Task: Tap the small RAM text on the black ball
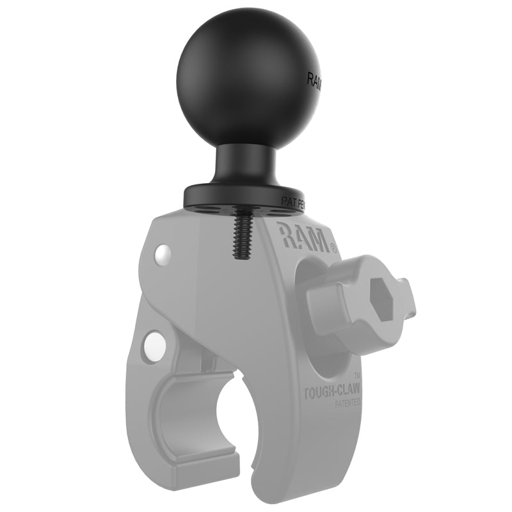point(316,82)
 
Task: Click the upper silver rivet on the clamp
point(163,254)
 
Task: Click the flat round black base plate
point(243,197)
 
